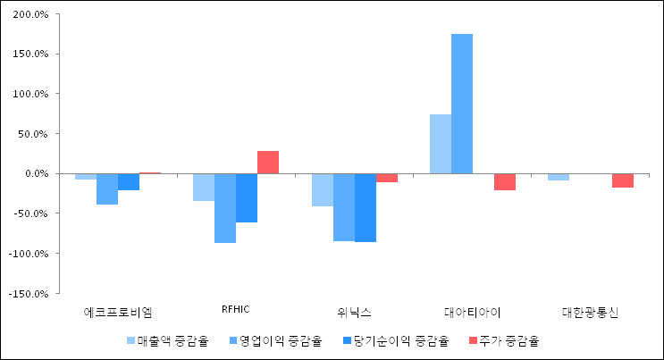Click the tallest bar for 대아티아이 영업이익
point(462,104)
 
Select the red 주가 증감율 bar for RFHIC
point(268,163)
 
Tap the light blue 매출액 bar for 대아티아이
point(441,144)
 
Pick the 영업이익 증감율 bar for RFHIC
point(225,208)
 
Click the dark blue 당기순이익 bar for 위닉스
point(366,207)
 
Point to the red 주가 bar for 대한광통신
point(623,180)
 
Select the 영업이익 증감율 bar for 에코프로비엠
point(107,188)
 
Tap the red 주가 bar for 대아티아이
point(505,181)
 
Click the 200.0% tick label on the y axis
point(30,14)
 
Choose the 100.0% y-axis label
point(30,94)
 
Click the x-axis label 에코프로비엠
point(118,313)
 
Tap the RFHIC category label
point(235,309)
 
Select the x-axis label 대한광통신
point(591,313)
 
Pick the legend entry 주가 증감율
point(508,340)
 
